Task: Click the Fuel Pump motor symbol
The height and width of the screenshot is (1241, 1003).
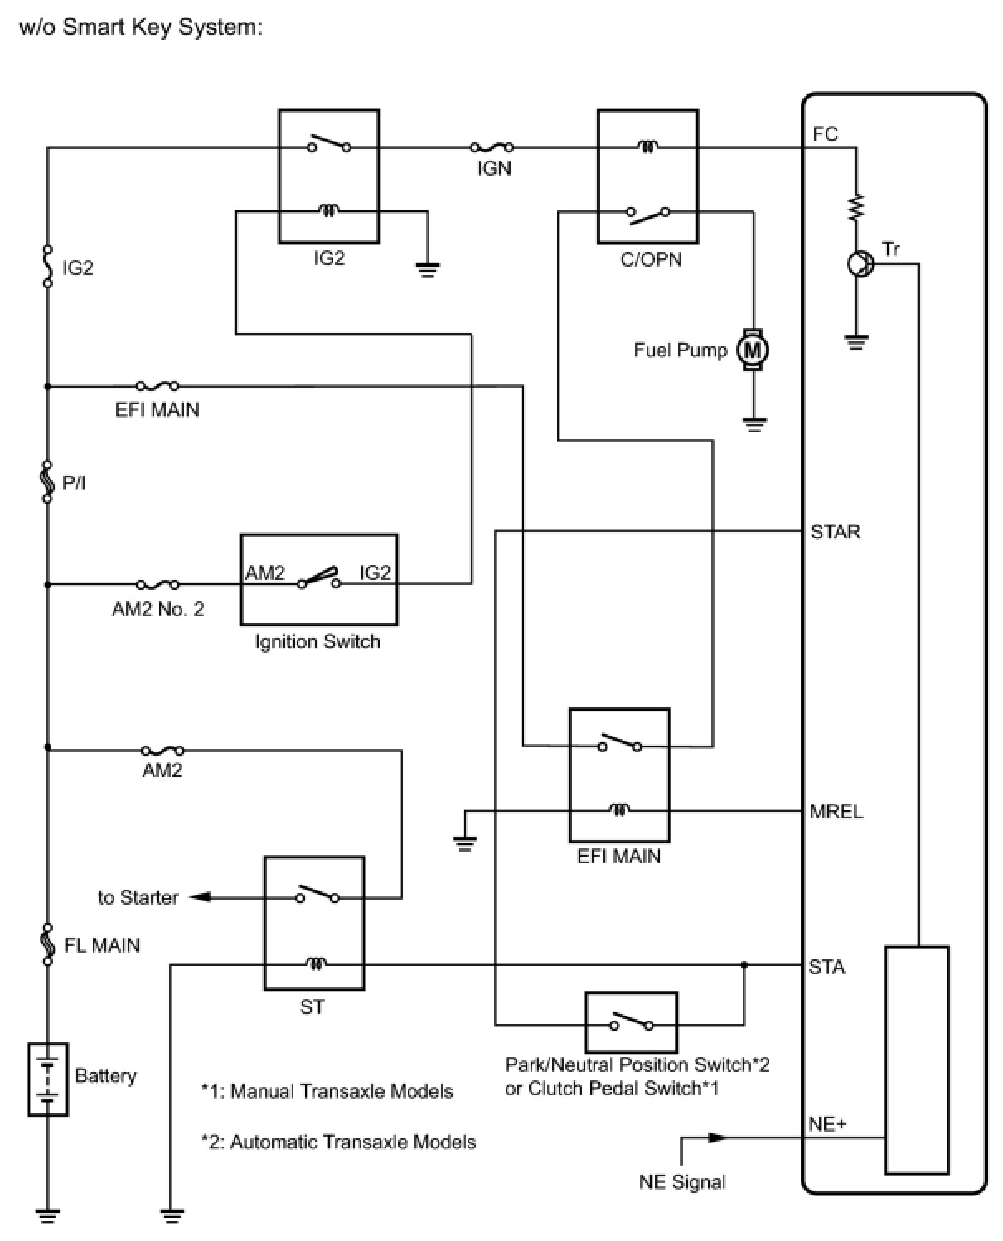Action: (753, 350)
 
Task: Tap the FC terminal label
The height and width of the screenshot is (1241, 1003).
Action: (825, 134)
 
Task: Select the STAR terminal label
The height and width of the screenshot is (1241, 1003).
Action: (836, 532)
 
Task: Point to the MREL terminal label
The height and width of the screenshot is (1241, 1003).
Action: (836, 811)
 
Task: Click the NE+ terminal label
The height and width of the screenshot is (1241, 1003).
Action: (827, 1124)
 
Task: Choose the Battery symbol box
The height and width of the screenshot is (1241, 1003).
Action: (48, 1079)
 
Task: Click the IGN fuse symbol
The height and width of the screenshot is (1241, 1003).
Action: (492, 147)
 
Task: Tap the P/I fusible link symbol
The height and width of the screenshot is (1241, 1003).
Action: (48, 482)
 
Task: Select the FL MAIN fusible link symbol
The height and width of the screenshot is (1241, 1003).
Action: (48, 944)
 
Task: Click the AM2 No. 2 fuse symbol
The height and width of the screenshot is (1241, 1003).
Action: (157, 585)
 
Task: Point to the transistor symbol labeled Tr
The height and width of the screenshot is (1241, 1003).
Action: (861, 264)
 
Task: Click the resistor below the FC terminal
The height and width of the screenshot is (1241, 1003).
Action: (856, 206)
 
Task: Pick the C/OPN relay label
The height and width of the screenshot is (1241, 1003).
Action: (651, 259)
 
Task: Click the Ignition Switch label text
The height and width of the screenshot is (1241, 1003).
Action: (317, 641)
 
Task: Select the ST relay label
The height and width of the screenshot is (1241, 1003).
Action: (313, 1007)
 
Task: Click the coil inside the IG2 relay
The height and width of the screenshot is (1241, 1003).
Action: (329, 211)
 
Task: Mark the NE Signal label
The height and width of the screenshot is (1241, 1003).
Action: (681, 1182)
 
